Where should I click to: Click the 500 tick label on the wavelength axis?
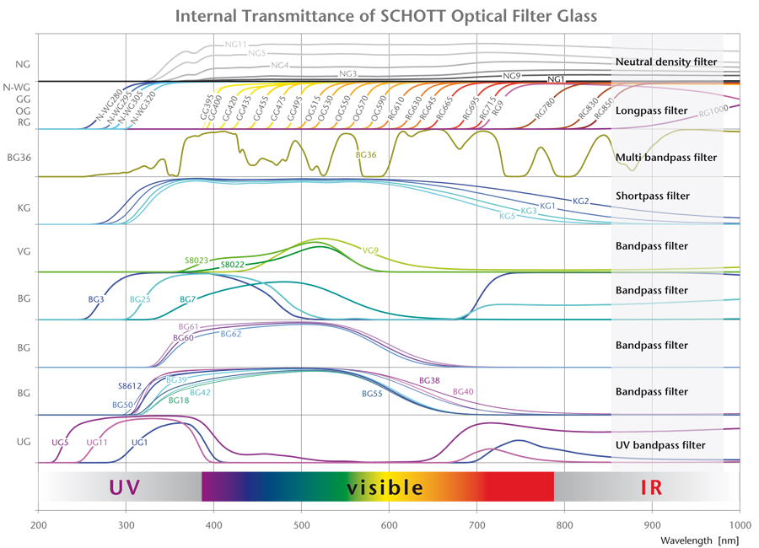301,524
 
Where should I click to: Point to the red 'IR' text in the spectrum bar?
651,486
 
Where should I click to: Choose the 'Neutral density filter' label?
666,62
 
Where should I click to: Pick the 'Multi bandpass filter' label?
666,158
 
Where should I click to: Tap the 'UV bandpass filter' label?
660,444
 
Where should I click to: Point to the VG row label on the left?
23,251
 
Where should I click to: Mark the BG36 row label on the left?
19,157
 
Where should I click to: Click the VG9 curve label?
370,250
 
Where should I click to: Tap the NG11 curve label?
236,43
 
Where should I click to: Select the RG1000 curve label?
713,110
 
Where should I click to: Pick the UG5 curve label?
60,442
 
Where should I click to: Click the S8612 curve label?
130,386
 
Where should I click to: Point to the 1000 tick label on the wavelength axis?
740,524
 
